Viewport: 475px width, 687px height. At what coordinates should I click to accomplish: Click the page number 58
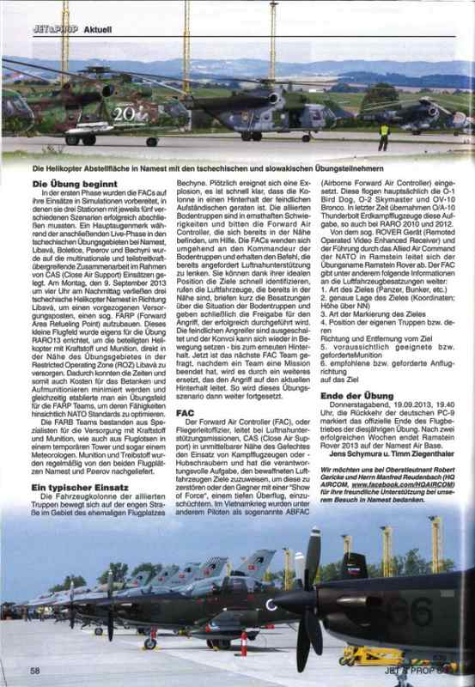(36, 670)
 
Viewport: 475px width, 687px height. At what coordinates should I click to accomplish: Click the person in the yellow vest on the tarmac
(383, 134)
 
